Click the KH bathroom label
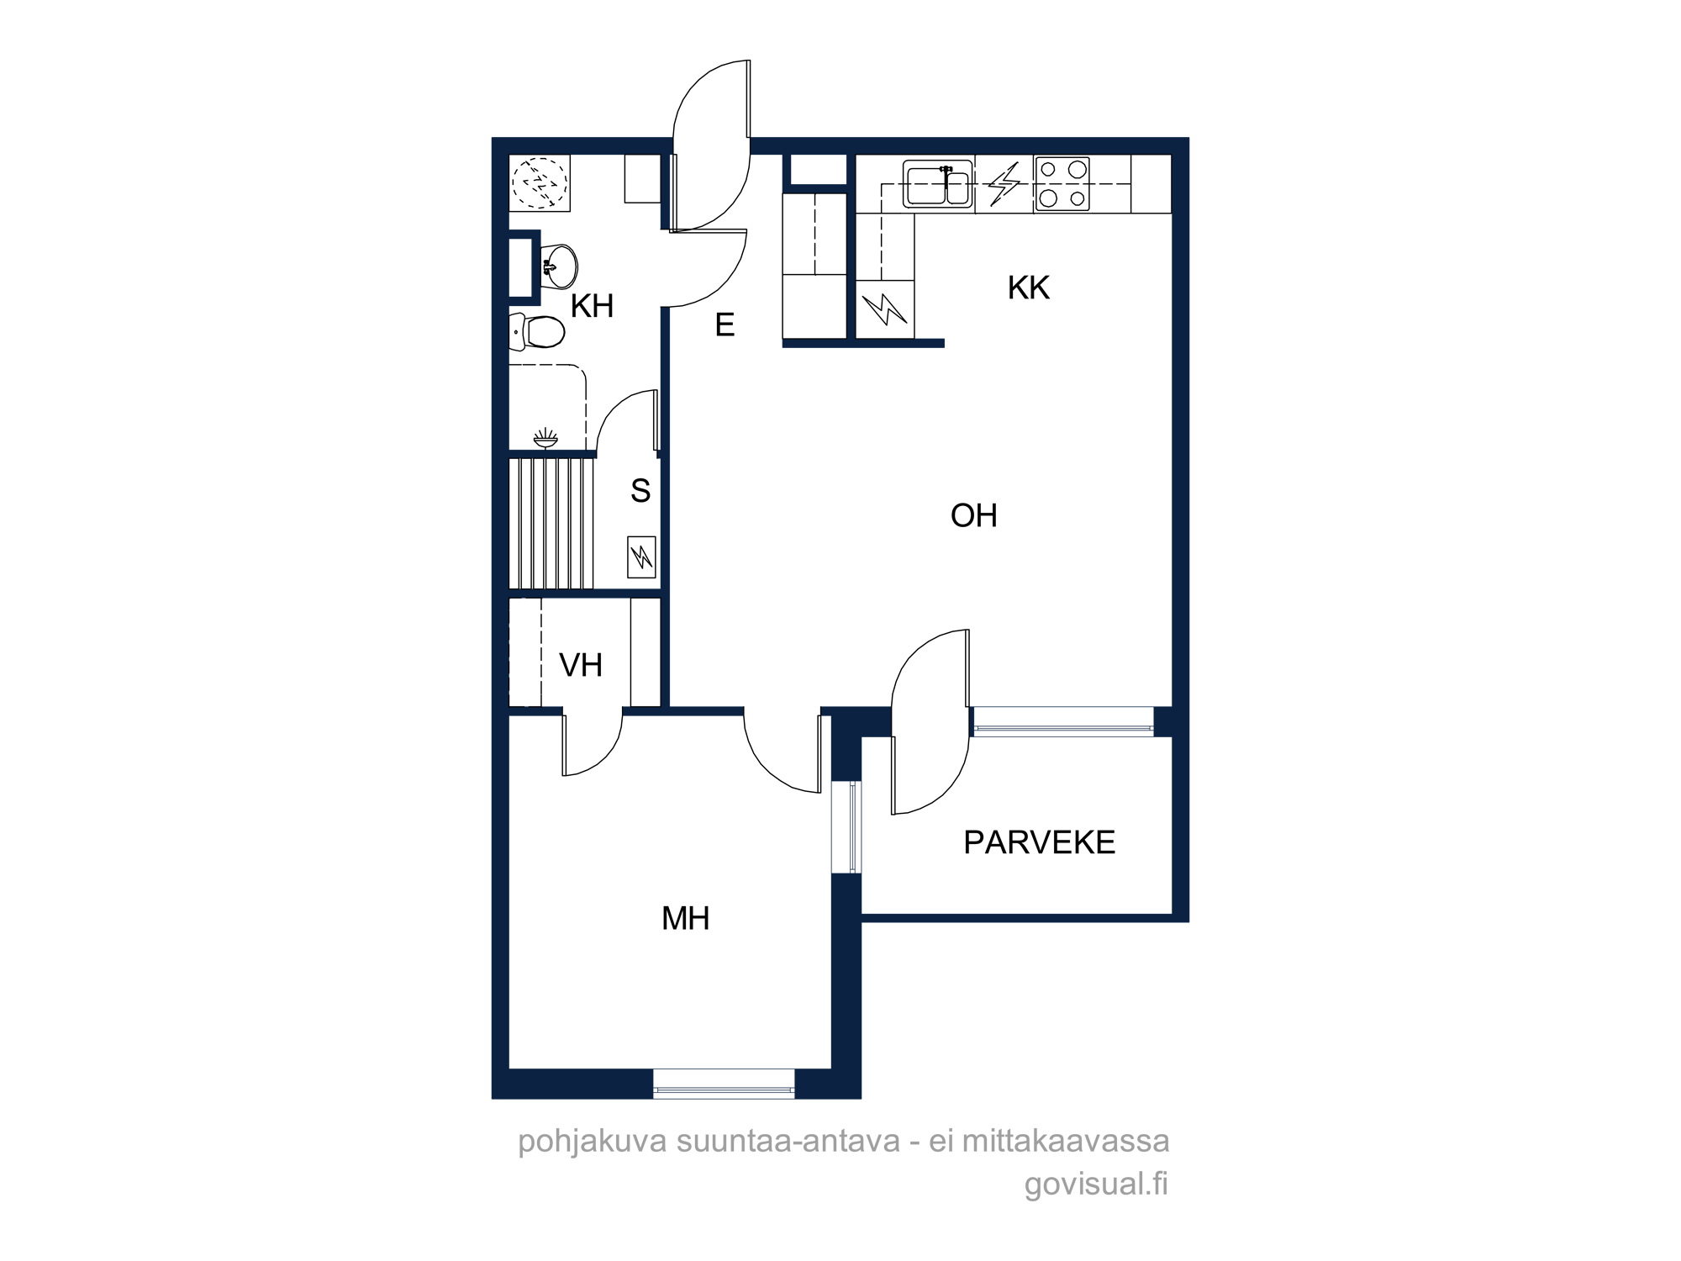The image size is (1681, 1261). point(592,306)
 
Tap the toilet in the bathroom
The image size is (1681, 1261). point(536,332)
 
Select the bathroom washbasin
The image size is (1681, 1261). point(558,267)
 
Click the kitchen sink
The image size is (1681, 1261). point(938,184)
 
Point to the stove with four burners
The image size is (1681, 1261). point(1062,183)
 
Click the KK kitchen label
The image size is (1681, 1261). point(1029,288)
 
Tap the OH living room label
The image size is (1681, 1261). point(974,515)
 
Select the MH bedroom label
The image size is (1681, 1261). point(686,919)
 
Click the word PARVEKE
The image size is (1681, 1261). point(1040,842)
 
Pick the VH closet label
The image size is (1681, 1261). point(581,666)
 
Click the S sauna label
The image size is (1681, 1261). point(640,490)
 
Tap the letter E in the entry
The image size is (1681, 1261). point(725,324)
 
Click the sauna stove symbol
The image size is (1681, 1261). point(641,557)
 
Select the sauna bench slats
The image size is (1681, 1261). point(551,523)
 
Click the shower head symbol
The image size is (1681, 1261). point(545,439)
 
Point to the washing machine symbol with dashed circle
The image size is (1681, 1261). point(540,182)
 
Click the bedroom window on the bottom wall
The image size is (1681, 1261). point(724,1084)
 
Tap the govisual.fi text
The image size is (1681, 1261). point(1096,1184)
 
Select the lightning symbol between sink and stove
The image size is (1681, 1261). point(1004,184)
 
